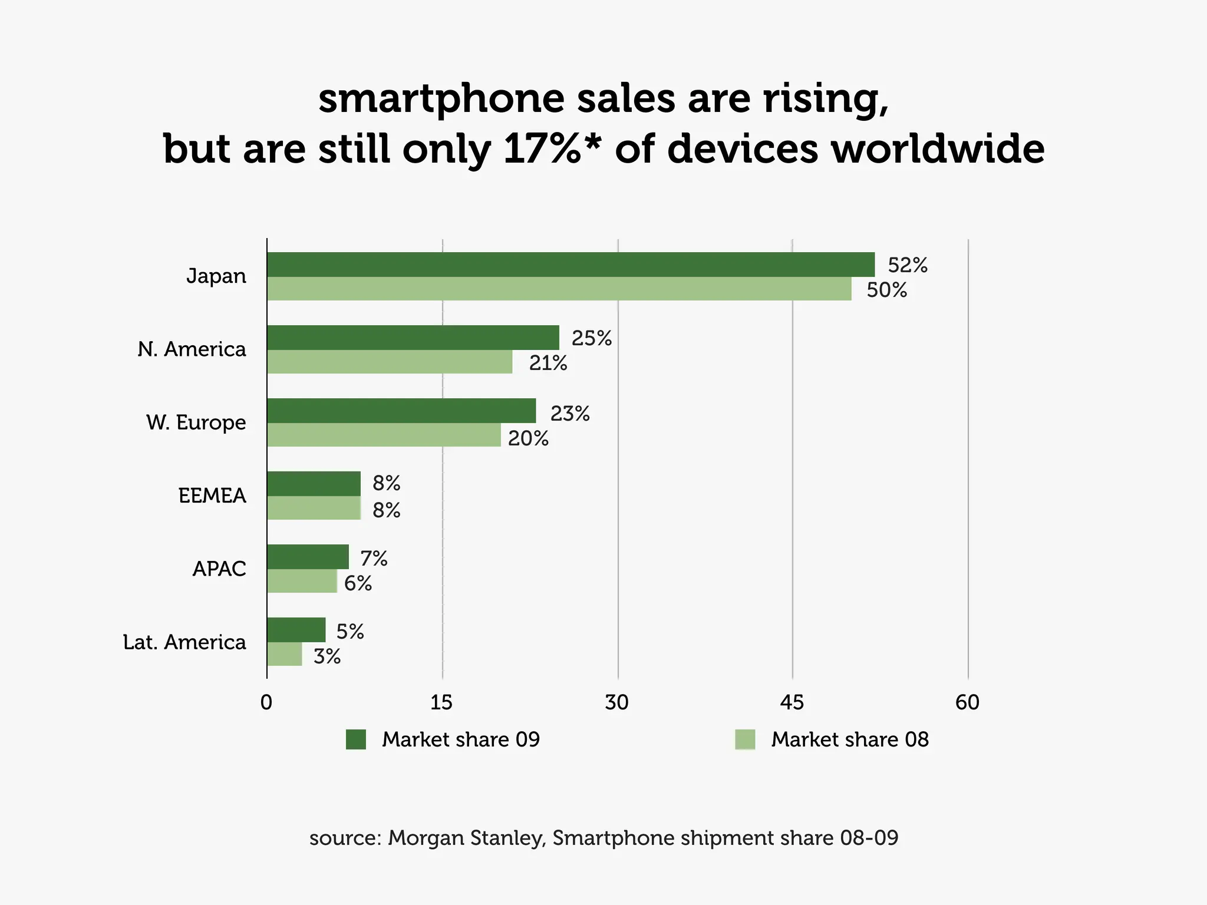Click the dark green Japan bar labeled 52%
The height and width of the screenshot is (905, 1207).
pyautogui.click(x=570, y=265)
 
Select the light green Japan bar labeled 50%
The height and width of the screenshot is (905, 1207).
pyautogui.click(x=559, y=289)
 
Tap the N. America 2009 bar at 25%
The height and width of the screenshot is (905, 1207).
pyautogui.click(x=413, y=338)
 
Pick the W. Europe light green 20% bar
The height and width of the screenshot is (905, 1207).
pyautogui.click(x=384, y=435)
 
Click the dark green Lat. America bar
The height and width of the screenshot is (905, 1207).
pyautogui.click(x=296, y=630)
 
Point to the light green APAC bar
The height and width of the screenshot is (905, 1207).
pyautogui.click(x=302, y=581)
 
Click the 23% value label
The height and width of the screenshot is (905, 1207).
pyautogui.click(x=570, y=414)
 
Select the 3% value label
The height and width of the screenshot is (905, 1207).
pyautogui.click(x=327, y=656)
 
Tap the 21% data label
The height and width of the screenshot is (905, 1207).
pyautogui.click(x=548, y=363)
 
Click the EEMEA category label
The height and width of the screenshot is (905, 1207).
pyautogui.click(x=212, y=496)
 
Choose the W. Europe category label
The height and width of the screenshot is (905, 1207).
pyautogui.click(x=196, y=422)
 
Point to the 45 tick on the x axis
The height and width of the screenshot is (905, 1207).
pyautogui.click(x=792, y=702)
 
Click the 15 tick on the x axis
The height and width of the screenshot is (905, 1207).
pyautogui.click(x=441, y=702)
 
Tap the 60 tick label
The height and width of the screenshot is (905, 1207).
pyautogui.click(x=967, y=702)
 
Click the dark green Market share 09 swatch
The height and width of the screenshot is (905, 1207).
pyautogui.click(x=356, y=739)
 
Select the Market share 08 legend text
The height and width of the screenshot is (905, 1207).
pyautogui.click(x=849, y=739)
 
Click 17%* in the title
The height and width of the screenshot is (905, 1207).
pyautogui.click(x=552, y=148)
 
